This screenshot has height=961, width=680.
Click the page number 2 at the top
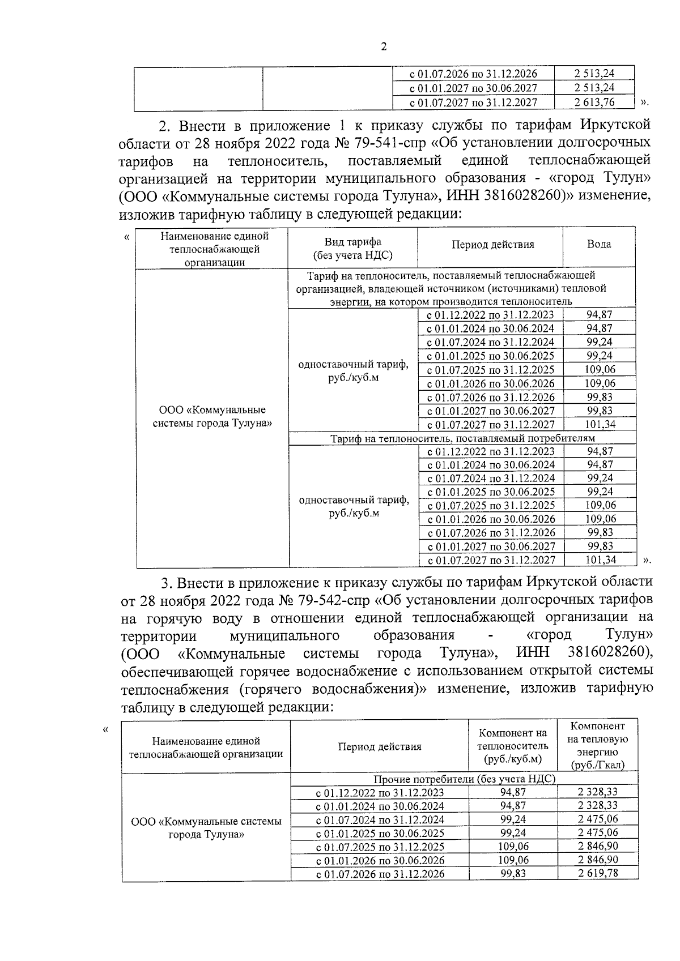(384, 48)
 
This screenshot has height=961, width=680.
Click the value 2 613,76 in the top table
(594, 102)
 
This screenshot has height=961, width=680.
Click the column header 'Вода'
(599, 244)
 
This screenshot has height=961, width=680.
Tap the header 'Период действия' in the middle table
(492, 245)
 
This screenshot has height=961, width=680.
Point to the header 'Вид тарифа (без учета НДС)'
(352, 249)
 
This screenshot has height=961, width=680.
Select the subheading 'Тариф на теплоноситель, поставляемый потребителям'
(462, 438)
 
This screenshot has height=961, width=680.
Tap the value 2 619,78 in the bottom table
(598, 873)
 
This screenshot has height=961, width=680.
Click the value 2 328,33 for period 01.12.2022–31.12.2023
(598, 792)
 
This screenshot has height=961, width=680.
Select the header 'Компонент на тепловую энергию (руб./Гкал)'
(598, 745)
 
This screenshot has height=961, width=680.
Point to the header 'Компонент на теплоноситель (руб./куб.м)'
(513, 745)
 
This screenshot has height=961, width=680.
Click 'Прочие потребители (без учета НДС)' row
(464, 779)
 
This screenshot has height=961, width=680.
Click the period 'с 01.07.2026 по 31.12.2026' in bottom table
(380, 874)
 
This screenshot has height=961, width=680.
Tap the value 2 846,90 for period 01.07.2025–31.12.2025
(598, 846)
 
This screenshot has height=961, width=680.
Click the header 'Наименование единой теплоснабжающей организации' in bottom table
(206, 747)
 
